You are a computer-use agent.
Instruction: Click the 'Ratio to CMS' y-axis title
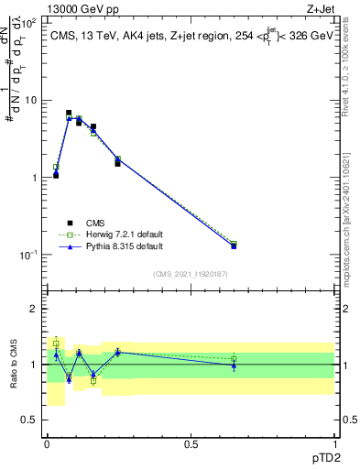click(x=13, y=365)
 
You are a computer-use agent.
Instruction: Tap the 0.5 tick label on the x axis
click(x=191, y=443)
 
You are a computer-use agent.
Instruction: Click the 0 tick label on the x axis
click(x=47, y=443)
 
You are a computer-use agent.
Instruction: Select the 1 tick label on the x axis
click(x=333, y=443)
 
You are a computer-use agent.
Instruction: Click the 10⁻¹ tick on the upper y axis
click(x=27, y=255)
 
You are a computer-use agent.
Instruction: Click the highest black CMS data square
click(x=69, y=114)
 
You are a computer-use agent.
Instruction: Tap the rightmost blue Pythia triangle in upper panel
click(x=234, y=245)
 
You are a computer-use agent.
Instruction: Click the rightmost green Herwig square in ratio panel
click(x=234, y=358)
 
